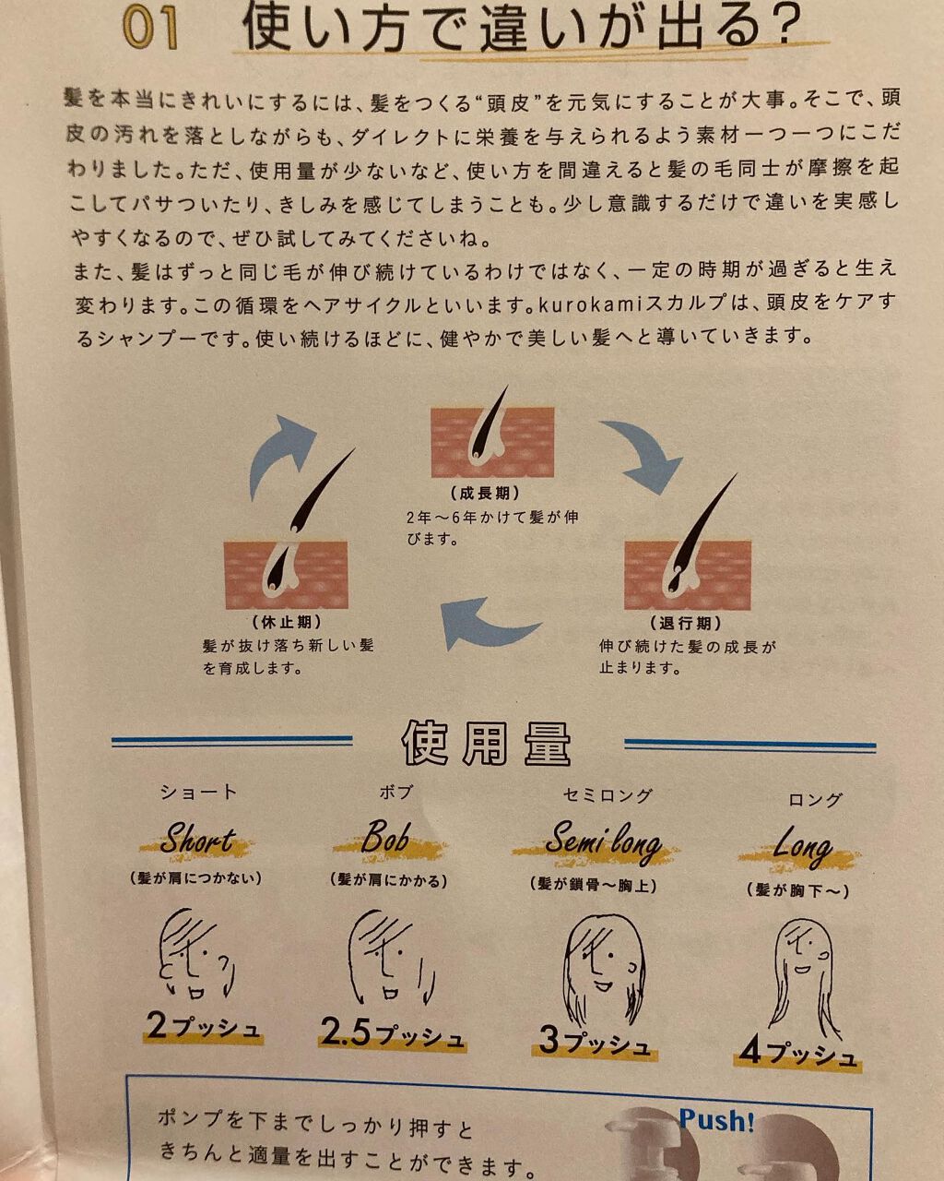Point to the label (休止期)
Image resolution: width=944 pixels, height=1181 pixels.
pos(286,622)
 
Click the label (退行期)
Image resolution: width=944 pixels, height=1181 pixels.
pos(686,623)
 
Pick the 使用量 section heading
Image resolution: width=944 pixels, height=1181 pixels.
pos(487,744)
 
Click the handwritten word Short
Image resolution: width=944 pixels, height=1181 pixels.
pos(196,840)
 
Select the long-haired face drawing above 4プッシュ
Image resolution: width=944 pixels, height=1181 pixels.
pos(804,978)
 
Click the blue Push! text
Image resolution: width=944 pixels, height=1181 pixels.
pos(716,1120)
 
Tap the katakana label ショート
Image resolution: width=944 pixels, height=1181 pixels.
pos(198,792)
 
